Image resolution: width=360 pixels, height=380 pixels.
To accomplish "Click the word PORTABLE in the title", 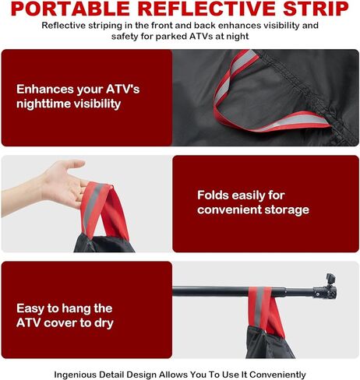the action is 70,9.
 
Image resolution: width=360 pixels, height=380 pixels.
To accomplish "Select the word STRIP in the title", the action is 316,9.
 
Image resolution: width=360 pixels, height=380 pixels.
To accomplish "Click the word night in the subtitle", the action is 238,37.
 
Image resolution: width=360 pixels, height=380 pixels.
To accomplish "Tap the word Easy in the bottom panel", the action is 30,308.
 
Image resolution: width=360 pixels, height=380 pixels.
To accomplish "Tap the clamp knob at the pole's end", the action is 330,278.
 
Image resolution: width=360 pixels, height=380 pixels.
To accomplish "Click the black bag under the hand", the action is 104,244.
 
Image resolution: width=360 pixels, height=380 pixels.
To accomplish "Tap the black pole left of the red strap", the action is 211,292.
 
